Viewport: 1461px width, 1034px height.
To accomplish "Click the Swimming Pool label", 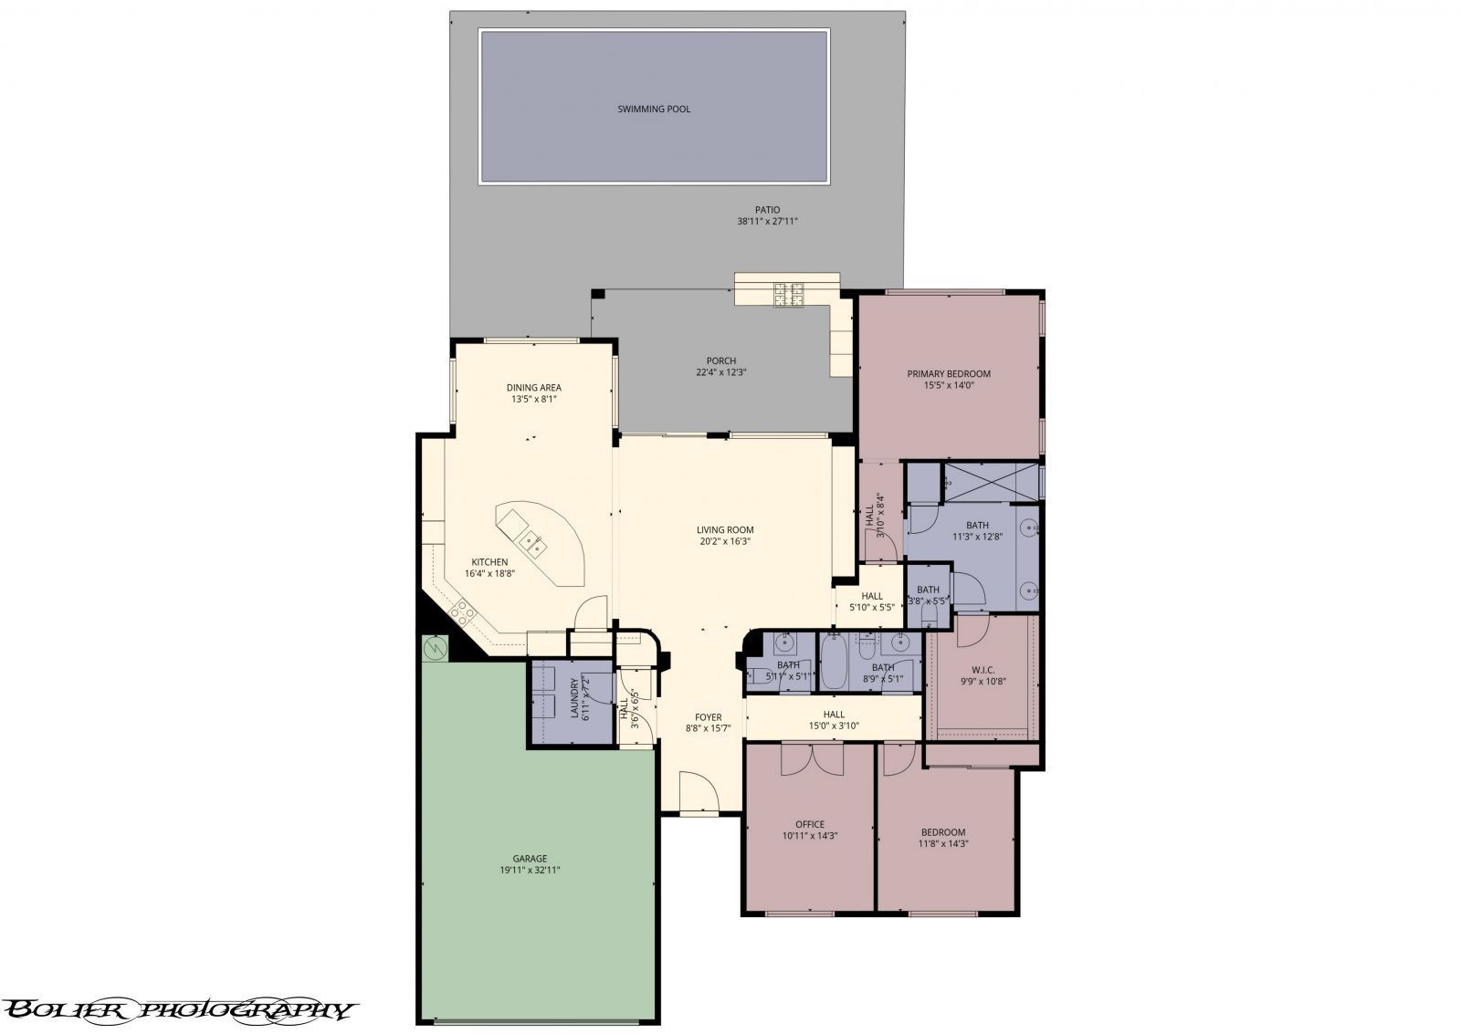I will tap(654, 110).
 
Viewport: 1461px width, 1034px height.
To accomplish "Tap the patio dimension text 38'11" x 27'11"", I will tap(767, 222).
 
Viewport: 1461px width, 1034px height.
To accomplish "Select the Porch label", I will tap(720, 361).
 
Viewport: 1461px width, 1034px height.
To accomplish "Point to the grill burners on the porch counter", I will tap(789, 293).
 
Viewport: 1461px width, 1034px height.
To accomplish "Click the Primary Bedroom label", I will tap(948, 374).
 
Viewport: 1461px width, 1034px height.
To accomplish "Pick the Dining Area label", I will tap(534, 388).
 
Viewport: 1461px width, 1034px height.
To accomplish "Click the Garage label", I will tap(530, 859).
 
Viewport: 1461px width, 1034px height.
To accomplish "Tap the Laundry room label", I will tap(575, 698).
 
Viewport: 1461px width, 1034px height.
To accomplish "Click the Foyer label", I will tap(708, 717).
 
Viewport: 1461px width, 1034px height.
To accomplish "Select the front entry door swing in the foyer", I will tap(699, 791).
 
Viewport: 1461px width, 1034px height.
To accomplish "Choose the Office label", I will tap(810, 825).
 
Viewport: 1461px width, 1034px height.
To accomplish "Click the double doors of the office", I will tap(810, 759).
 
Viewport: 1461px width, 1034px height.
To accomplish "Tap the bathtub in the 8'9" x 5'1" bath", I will tap(835, 664).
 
